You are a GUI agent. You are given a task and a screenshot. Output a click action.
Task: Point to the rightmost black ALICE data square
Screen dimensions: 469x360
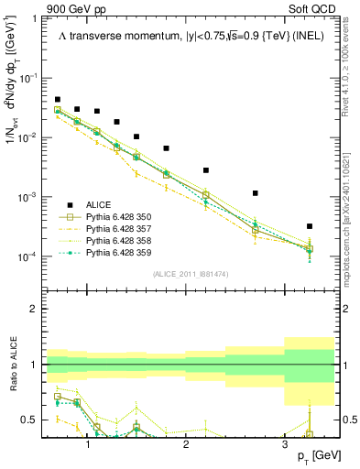(310, 226)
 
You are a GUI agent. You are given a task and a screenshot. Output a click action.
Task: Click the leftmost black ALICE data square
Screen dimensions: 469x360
(58, 99)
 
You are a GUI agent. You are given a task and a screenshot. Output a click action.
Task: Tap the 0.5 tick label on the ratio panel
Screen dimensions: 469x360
(31, 420)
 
